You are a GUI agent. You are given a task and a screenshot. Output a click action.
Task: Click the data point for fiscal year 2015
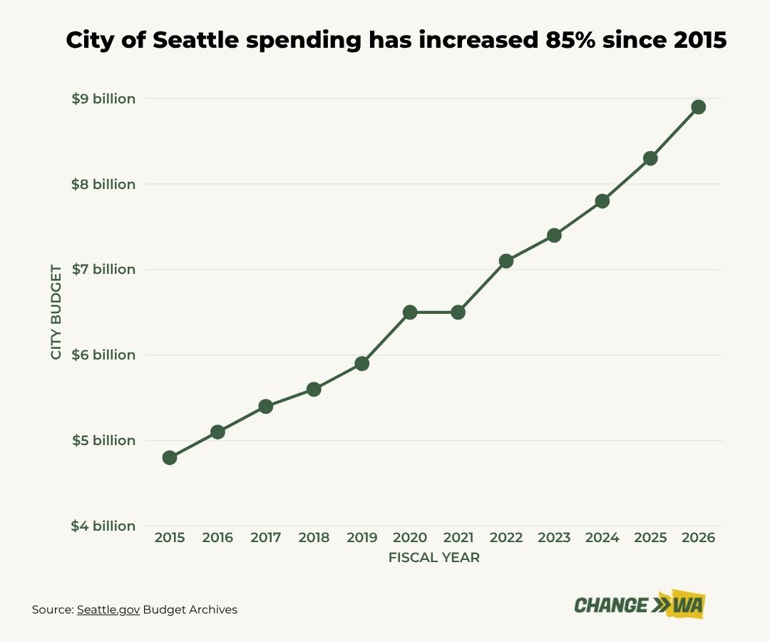point(170,457)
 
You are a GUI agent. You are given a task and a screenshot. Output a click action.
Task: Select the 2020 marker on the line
point(410,312)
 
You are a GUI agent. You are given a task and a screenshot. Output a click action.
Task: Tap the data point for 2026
point(698,107)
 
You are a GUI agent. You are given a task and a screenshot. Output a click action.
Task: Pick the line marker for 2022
point(506,260)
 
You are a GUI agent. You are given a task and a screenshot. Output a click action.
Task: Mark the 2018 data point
point(314,389)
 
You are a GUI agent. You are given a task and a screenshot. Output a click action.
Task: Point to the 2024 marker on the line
point(602,200)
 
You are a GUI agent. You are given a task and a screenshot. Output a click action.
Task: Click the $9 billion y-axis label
point(103,98)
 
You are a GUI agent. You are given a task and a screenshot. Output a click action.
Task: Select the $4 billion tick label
point(103,526)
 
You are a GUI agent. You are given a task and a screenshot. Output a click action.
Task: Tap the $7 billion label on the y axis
point(103,269)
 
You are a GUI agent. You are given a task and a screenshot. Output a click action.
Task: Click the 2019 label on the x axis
point(361,538)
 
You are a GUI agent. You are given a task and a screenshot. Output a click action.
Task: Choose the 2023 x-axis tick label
point(554,538)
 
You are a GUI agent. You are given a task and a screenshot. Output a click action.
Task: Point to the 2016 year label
point(217,538)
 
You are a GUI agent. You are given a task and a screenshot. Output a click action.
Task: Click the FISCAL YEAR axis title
point(433,558)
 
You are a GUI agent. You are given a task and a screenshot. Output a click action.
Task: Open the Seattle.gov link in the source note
point(108,610)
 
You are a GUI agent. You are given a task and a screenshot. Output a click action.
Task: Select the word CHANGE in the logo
point(611,606)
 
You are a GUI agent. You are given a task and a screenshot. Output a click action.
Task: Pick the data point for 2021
point(458,312)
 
